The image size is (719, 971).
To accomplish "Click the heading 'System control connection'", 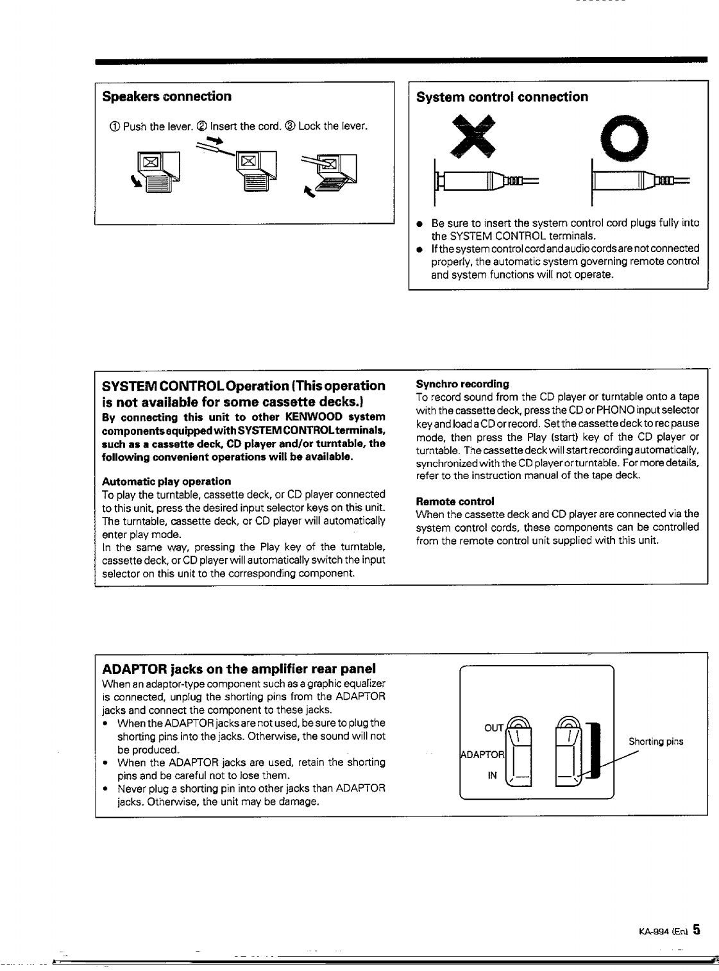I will pyautogui.click(x=502, y=97).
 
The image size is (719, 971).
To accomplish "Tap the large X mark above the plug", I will pyautogui.click(x=473, y=136).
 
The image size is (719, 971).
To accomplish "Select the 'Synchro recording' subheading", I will pyautogui.click(x=462, y=384).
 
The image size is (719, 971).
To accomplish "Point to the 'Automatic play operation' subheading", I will pyautogui.click(x=166, y=481).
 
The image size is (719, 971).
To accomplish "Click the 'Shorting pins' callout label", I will pyautogui.click(x=656, y=741).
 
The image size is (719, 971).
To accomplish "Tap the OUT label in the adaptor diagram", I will pyautogui.click(x=493, y=729).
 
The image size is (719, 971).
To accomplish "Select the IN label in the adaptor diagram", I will pyautogui.click(x=493, y=775).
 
